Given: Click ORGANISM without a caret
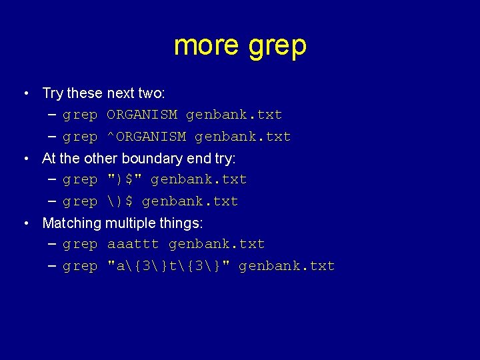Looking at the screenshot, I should (x=142, y=115).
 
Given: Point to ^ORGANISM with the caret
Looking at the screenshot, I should (x=146, y=137).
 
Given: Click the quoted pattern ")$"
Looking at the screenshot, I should (x=125, y=179).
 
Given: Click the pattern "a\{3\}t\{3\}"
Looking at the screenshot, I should (x=168, y=266).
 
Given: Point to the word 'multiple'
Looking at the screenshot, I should (x=129, y=223).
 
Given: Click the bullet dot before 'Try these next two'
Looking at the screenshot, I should (x=25, y=93).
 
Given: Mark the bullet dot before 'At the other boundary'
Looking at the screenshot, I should (x=25, y=158).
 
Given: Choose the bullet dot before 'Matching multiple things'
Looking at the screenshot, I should (x=25, y=223).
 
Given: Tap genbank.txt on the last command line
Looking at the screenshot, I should (x=287, y=266).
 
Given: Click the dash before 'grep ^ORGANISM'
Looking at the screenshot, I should (x=53, y=137).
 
